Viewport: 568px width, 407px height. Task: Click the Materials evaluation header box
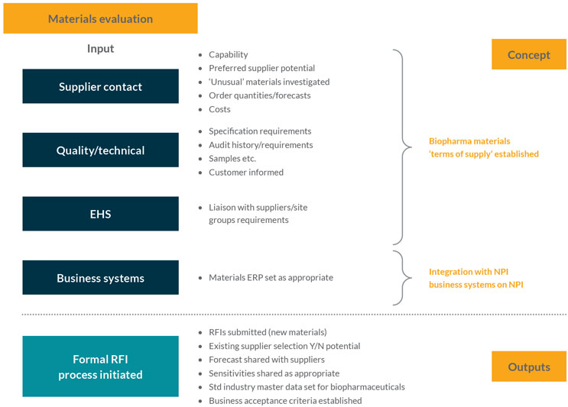click(100, 18)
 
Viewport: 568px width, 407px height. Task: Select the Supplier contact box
click(100, 86)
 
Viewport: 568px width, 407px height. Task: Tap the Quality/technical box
click(100, 150)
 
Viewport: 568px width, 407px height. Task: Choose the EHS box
click(100, 214)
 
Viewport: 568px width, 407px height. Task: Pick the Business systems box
click(100, 278)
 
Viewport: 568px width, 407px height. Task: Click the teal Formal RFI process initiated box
click(100, 366)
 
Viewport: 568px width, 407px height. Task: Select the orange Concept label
click(528, 54)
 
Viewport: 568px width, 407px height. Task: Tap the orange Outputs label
click(528, 367)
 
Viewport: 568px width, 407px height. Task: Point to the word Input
click(100, 49)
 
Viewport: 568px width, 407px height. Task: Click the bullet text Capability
click(228, 55)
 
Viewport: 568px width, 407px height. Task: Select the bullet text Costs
click(219, 109)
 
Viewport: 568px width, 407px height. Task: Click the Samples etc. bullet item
click(232, 158)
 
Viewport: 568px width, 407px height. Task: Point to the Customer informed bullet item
click(245, 172)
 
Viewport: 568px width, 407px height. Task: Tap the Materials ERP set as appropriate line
click(271, 277)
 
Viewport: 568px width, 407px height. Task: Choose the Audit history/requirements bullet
click(260, 144)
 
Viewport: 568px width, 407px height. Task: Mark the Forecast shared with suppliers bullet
click(266, 360)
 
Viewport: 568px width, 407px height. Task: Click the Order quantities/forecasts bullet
click(259, 95)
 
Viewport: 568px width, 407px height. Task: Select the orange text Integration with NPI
click(467, 271)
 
